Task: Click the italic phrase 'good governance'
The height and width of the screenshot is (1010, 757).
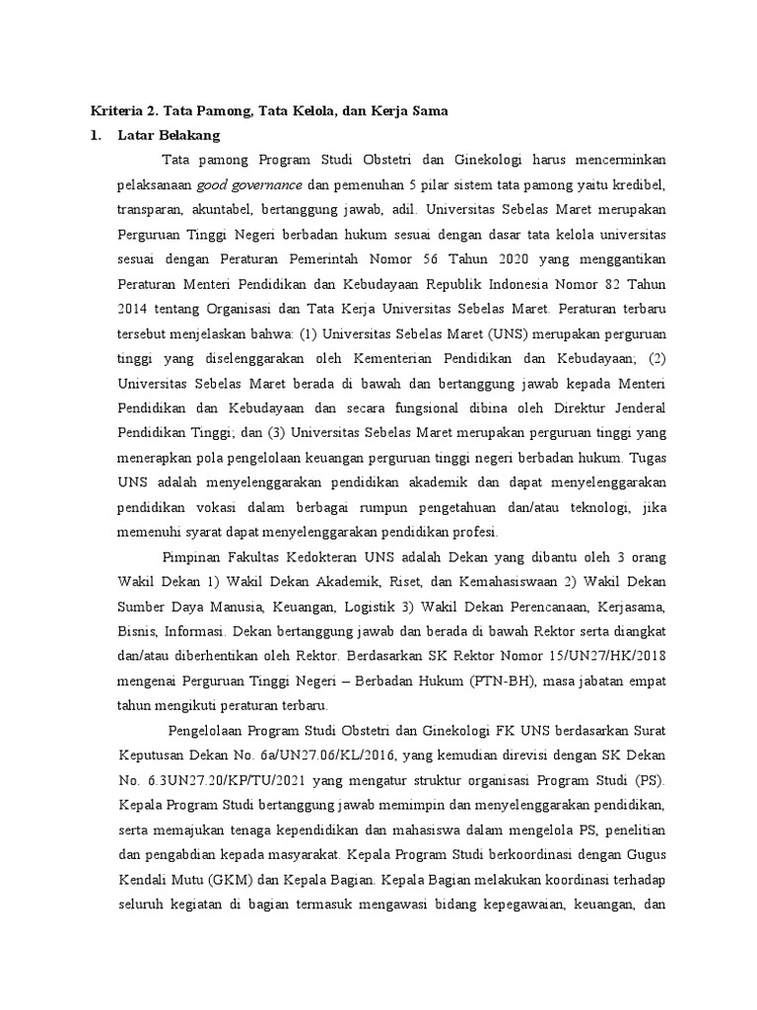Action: pos(250,184)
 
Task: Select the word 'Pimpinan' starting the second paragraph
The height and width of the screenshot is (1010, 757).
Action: pos(193,557)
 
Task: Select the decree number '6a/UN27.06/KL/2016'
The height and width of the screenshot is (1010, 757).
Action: pos(300,755)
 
